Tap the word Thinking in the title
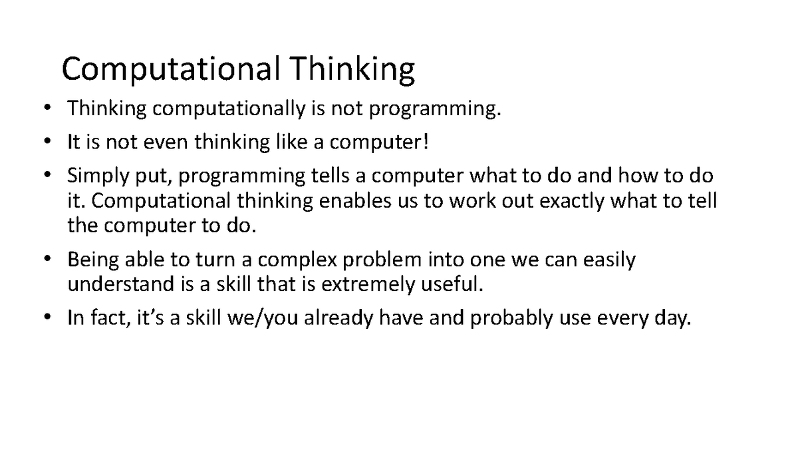[x=351, y=70]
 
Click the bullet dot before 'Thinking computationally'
[x=47, y=109]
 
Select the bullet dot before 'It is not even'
[x=47, y=142]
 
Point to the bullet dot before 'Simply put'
[x=47, y=175]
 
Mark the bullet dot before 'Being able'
[x=47, y=259]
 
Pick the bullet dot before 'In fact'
[x=47, y=318]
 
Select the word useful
[x=452, y=284]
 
